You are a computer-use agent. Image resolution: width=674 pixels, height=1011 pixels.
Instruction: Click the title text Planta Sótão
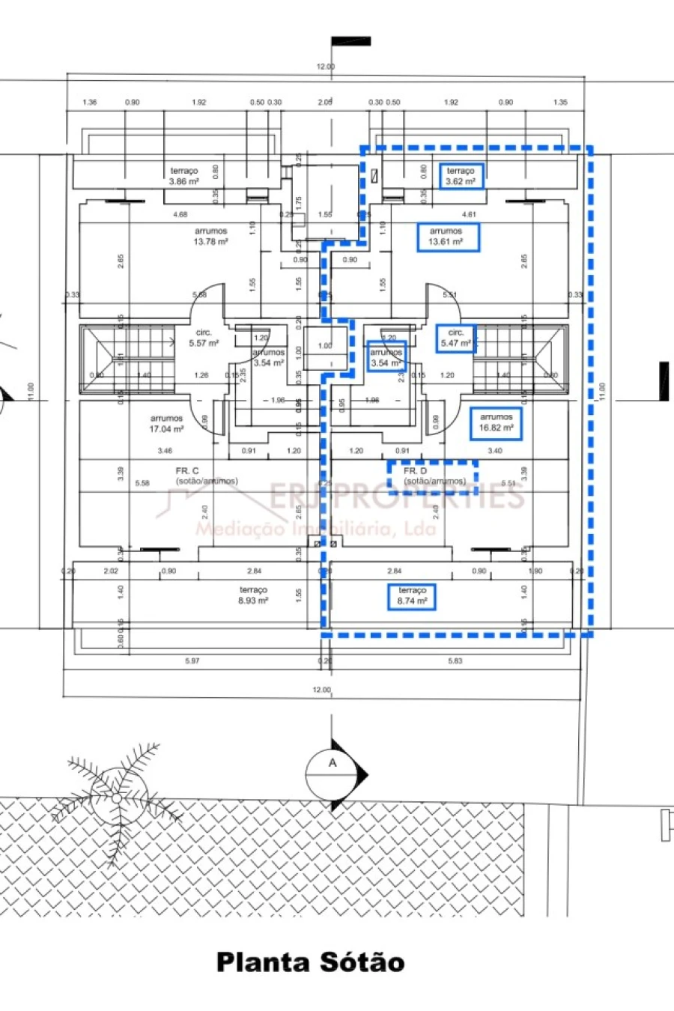(x=310, y=962)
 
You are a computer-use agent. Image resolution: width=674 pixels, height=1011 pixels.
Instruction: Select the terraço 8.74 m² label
(x=412, y=596)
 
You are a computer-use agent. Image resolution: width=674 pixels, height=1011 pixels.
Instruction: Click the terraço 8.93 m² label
(x=253, y=595)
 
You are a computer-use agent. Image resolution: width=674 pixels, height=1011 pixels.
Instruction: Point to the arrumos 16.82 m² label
(x=496, y=422)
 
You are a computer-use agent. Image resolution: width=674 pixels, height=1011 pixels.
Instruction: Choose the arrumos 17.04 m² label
(x=166, y=424)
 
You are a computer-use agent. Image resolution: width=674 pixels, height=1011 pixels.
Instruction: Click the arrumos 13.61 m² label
(x=447, y=237)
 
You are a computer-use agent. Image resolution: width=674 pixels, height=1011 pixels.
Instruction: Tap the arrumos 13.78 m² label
(x=210, y=237)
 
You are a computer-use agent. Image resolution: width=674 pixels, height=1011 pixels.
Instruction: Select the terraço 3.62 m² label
(x=461, y=176)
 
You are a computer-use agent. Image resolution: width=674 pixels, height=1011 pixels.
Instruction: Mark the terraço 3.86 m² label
(x=183, y=176)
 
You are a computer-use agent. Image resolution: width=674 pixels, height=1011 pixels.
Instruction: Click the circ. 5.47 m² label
(x=455, y=338)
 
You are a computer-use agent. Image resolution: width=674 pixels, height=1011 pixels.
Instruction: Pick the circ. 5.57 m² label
(x=204, y=338)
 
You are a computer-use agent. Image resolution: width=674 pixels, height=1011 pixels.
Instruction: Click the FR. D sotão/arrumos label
(x=433, y=476)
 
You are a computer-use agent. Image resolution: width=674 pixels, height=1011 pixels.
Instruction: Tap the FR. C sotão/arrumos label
(x=206, y=476)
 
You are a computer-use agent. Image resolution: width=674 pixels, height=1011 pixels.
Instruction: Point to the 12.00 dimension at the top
(x=325, y=67)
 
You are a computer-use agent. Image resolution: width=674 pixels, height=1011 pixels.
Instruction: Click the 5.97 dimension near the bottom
(x=192, y=661)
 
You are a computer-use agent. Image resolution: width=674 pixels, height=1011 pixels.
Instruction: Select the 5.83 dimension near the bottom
(x=455, y=661)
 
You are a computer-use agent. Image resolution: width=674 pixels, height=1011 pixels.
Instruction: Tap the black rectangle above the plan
(x=350, y=41)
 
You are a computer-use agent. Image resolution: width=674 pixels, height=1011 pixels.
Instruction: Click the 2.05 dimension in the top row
(x=324, y=103)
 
